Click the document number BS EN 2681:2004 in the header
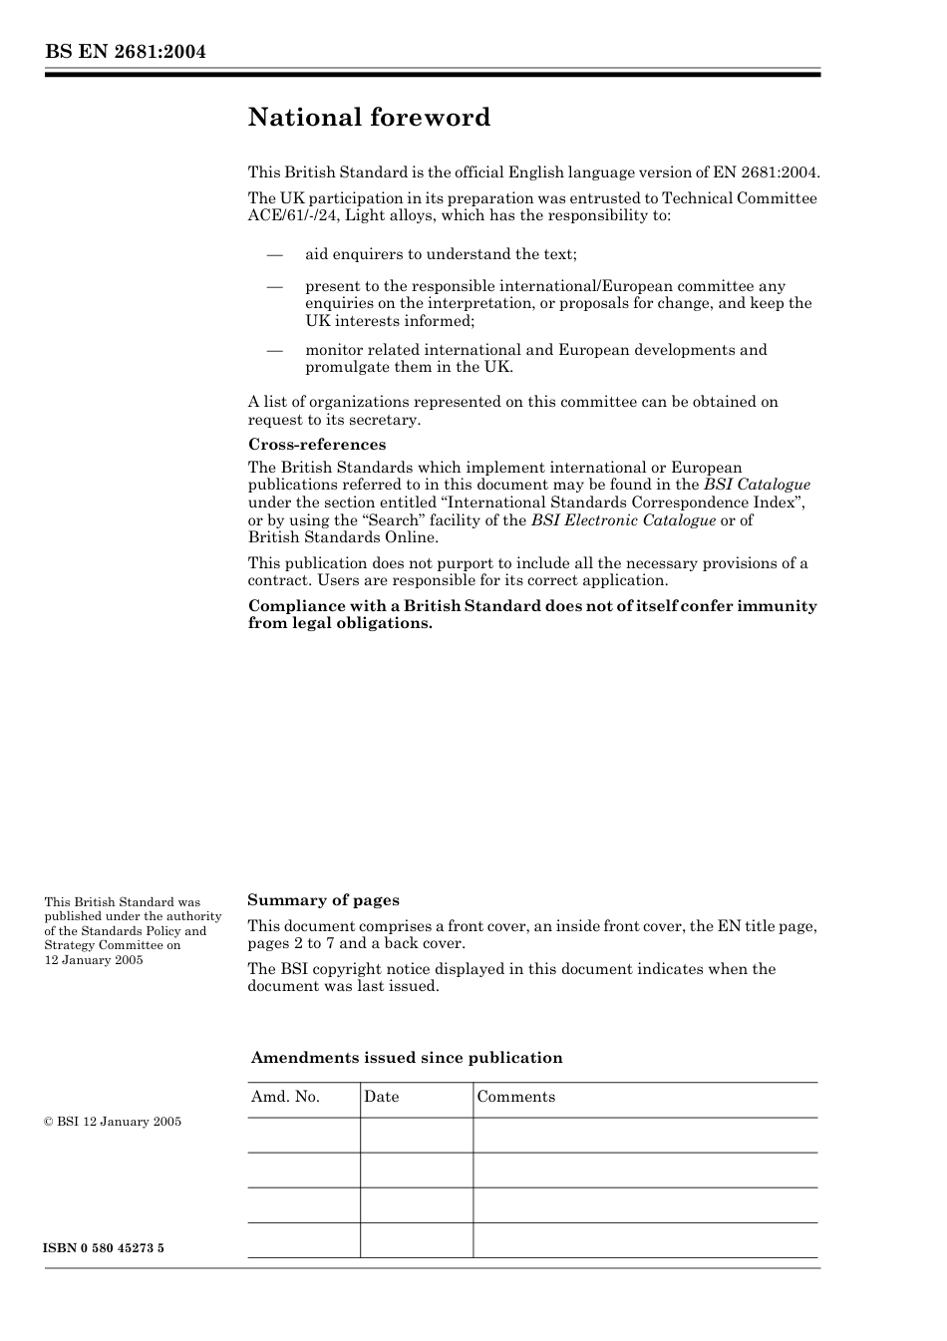(125, 52)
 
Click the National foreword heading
(369, 118)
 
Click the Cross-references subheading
(317, 445)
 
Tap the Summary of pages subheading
(323, 900)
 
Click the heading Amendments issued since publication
(407, 1058)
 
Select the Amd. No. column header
(285, 1097)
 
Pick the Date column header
(381, 1097)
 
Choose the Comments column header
(515, 1097)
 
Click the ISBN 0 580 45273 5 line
(104, 1248)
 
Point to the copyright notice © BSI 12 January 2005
(113, 1122)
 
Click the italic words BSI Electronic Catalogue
(623, 520)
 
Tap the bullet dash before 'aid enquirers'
(275, 255)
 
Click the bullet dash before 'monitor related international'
(275, 350)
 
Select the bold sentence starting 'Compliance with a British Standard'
(532, 614)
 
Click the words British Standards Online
(343, 537)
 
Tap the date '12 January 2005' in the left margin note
(94, 960)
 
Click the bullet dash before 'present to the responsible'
(275, 286)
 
